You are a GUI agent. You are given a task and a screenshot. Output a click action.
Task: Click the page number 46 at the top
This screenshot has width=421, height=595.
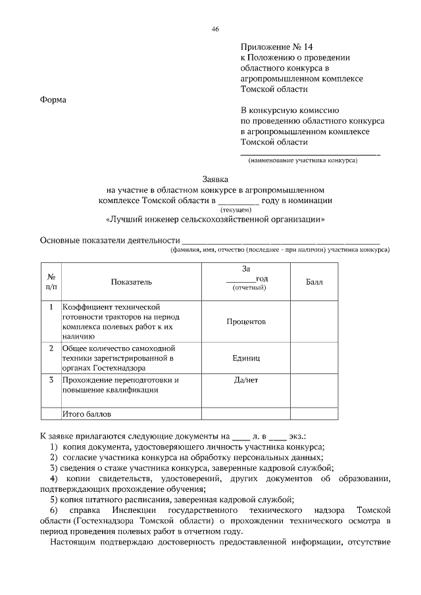tap(214, 29)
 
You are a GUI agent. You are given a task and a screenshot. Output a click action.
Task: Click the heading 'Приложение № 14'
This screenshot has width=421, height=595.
tap(273, 47)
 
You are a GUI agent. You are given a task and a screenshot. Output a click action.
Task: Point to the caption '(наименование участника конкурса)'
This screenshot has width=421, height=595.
tap(302, 160)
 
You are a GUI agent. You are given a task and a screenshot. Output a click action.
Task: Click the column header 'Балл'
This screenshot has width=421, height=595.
tap(314, 282)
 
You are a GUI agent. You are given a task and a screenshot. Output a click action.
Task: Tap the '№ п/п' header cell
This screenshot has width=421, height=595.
tap(51, 282)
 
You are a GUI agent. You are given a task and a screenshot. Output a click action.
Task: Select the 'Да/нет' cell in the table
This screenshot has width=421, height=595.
tap(246, 381)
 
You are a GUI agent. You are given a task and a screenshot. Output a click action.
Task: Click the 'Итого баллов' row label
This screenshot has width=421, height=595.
tap(87, 414)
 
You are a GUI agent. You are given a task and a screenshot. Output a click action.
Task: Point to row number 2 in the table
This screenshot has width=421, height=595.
tap(51, 348)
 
